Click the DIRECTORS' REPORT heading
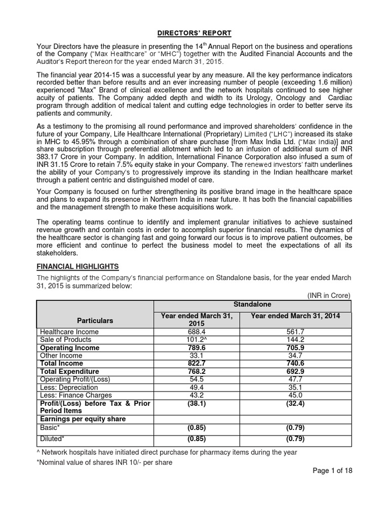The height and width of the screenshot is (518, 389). (194, 33)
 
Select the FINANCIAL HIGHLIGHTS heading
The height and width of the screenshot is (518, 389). (77, 266)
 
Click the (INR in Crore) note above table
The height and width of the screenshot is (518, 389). (328, 295)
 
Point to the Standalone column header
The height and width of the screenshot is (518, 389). (252, 304)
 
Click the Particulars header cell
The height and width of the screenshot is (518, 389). (95, 320)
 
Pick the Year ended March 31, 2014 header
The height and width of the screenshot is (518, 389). (295, 316)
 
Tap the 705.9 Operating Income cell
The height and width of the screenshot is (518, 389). (295, 348)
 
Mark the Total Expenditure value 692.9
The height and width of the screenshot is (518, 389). (295, 371)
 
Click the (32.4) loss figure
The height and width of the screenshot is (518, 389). (295, 403)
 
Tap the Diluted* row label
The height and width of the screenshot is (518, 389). (52, 439)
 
